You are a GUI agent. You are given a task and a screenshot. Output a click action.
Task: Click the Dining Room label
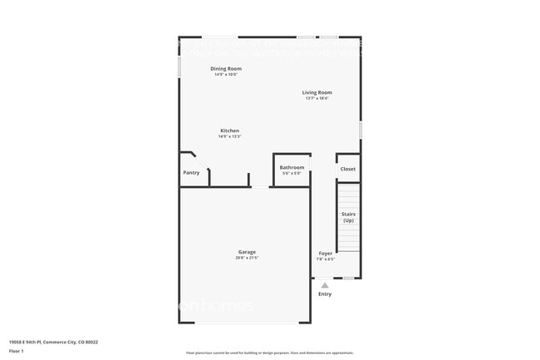225,68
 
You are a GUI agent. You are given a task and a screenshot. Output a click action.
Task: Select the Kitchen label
229,131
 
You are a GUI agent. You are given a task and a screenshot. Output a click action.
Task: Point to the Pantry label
191,172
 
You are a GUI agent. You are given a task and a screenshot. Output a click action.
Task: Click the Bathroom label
292,167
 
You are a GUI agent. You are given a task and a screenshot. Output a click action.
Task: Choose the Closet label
347,169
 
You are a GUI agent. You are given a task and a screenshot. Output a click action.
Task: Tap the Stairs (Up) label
348,217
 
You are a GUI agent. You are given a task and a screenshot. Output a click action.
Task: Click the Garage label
247,251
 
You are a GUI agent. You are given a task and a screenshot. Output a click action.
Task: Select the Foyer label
325,253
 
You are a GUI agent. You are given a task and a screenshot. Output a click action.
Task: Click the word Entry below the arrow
325,293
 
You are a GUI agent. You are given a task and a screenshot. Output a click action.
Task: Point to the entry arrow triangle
325,285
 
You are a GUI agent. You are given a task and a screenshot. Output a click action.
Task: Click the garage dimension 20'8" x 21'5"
247,258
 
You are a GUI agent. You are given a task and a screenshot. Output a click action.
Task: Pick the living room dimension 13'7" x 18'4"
317,99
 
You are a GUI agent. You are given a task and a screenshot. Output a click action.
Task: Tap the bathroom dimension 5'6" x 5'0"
292,174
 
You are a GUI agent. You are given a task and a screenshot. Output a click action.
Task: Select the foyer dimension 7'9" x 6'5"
325,259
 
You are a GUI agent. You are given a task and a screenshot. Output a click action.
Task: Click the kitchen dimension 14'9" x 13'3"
229,137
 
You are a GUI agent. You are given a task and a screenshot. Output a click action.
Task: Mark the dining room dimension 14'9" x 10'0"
225,75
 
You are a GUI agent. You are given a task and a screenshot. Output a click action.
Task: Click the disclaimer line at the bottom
269,354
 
